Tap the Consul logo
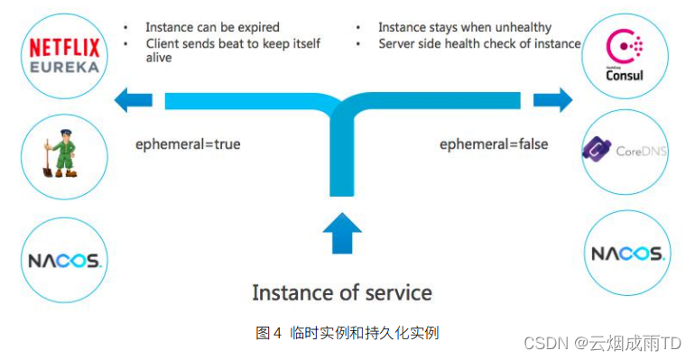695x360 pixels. (625, 57)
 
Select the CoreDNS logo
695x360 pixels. (625, 151)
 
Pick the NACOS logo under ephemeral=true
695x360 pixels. (63, 261)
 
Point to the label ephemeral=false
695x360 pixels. (494, 144)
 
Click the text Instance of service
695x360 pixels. (341, 292)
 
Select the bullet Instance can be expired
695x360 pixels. (212, 27)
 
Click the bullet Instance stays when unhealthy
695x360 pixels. (464, 27)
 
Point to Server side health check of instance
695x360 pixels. (479, 43)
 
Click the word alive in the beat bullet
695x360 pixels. (160, 58)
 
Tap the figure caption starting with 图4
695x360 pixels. (347, 333)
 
